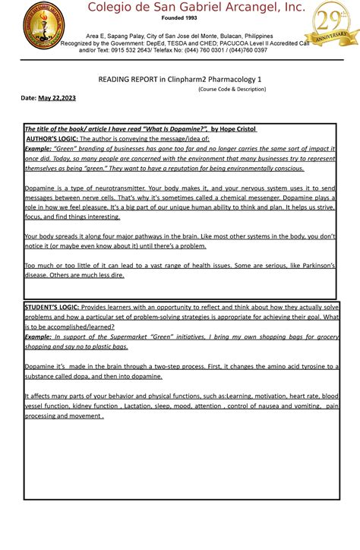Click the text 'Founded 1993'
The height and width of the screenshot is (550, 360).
click(x=179, y=18)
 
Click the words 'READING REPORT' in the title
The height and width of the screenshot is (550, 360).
click(x=126, y=79)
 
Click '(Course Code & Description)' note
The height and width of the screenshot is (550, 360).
click(x=232, y=89)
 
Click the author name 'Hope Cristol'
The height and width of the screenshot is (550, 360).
click(x=232, y=130)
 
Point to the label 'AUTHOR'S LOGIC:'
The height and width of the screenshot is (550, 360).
click(x=52, y=139)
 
